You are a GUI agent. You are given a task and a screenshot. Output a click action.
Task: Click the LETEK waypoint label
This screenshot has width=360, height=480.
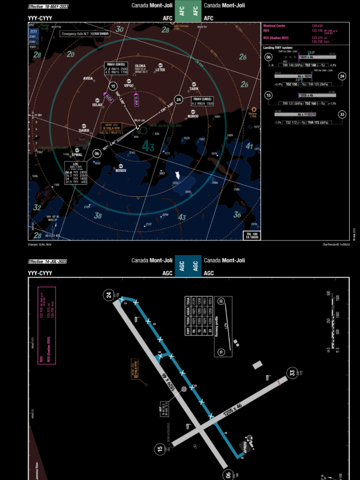[x=160, y=70]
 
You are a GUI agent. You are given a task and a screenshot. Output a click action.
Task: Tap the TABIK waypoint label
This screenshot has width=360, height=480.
[x=194, y=89]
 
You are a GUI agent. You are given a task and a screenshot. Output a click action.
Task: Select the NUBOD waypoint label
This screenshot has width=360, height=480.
[x=193, y=116]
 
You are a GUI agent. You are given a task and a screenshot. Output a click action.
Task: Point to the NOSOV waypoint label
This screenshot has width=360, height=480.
[x=121, y=170]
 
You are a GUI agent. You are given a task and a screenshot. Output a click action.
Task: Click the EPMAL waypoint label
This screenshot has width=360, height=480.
[x=77, y=154]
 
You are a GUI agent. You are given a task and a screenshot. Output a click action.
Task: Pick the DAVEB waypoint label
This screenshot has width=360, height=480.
[x=84, y=130]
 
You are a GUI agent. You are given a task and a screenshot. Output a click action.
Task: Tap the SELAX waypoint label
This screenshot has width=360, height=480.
[x=97, y=105]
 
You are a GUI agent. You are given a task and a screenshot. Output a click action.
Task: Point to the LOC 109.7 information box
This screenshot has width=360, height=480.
[x=76, y=173]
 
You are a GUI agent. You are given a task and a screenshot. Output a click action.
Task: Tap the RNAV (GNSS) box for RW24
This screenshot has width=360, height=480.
[x=202, y=102]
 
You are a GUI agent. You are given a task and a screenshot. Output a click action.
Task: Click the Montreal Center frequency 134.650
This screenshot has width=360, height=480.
[x=317, y=25]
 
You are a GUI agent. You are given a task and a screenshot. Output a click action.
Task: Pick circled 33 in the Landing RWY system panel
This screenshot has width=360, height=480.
[x=342, y=114]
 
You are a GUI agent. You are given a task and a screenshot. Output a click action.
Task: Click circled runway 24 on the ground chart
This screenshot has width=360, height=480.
[x=109, y=295]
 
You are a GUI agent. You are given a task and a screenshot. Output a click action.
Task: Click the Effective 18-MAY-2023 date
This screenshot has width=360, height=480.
[x=48, y=6]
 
